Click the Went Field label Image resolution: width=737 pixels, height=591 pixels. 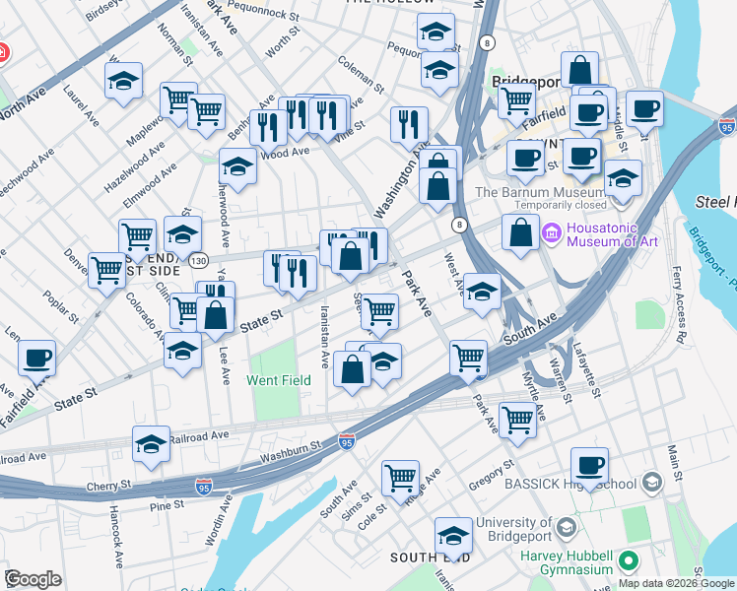pyautogui.click(x=279, y=380)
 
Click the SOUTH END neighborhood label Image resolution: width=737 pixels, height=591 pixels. pyautogui.click(x=429, y=558)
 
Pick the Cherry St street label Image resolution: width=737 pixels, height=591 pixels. pyautogui.click(x=110, y=486)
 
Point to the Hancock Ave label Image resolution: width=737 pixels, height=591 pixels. pyautogui.click(x=116, y=543)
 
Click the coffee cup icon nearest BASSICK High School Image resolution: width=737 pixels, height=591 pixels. pyautogui.click(x=589, y=466)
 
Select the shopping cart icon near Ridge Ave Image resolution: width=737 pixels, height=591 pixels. pyautogui.click(x=400, y=479)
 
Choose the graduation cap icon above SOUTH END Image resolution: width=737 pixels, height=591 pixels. pyautogui.click(x=453, y=537)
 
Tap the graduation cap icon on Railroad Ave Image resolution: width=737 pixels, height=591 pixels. pyautogui.click(x=152, y=446)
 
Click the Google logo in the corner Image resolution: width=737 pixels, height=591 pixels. pyautogui.click(x=33, y=579)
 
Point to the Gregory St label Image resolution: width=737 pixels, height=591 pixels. pyautogui.click(x=493, y=470)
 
